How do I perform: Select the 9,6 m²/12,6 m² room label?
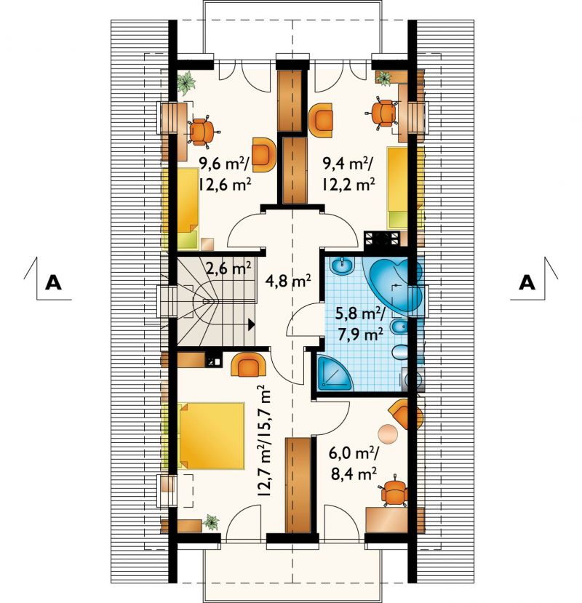coord(225,175)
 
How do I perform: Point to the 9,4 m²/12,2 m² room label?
coord(348,175)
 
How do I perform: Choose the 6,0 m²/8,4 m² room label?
coord(354,463)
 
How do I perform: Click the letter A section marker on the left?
coord(53,283)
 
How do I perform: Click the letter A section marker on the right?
coord(527,283)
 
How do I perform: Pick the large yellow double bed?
coord(211,436)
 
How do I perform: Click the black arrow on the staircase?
coord(251,324)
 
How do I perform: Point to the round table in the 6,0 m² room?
coord(388,434)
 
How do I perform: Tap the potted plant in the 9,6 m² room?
coord(186,83)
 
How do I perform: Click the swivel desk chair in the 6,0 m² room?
coord(394,491)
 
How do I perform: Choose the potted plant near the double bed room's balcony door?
coord(211,522)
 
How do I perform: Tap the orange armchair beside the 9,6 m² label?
coord(264,155)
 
